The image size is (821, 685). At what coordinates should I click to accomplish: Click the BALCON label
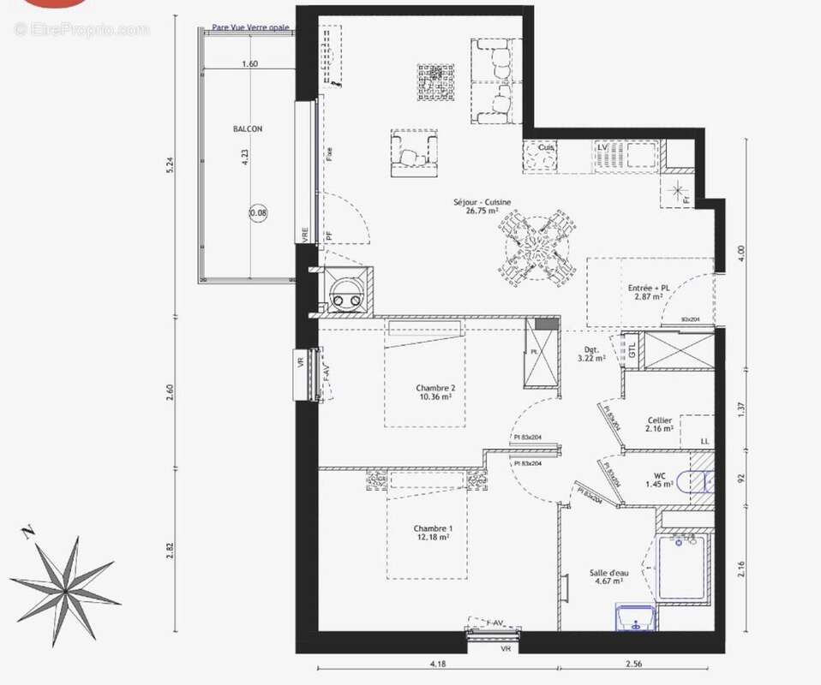coord(248,129)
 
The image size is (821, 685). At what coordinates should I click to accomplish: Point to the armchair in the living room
coord(413,153)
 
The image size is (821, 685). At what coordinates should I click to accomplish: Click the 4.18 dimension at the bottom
coord(437,663)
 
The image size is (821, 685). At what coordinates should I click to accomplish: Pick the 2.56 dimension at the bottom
coord(635,663)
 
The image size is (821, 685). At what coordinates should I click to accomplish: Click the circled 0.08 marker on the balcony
coord(258,211)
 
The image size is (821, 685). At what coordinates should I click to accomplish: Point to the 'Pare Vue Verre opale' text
coord(251,27)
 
